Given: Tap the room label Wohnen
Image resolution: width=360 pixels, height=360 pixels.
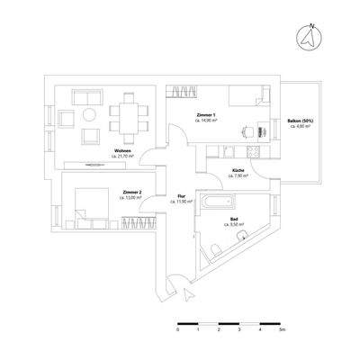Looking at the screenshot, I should click(121, 150).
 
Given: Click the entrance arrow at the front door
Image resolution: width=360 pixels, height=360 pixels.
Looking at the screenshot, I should click(185, 292).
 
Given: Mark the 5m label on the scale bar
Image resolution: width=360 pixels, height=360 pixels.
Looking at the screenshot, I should click(281, 331).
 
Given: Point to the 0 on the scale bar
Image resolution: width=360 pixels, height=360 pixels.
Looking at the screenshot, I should click(178, 331).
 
